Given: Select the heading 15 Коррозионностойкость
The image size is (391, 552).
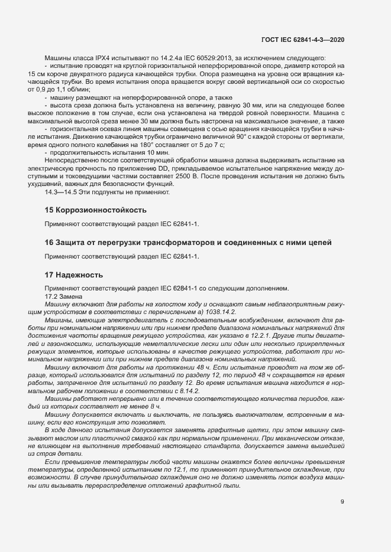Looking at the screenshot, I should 96,210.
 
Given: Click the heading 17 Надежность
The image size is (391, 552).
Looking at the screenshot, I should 74,275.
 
